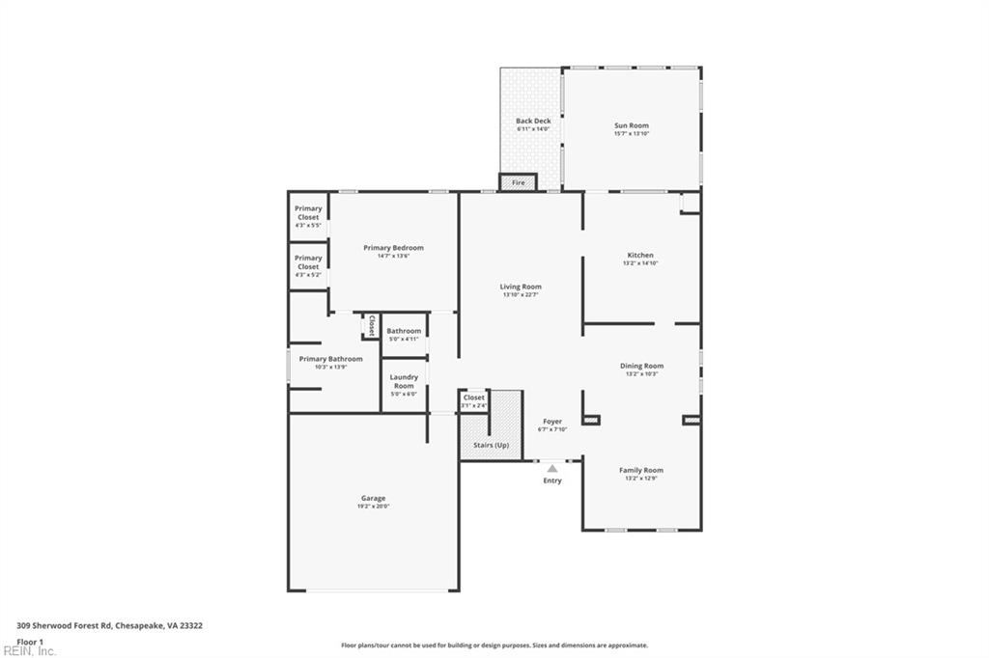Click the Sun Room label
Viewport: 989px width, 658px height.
pos(631,125)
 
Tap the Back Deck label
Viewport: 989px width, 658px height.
pos(533,122)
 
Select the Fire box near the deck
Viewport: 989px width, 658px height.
pos(518,182)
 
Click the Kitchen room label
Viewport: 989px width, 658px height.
pos(640,256)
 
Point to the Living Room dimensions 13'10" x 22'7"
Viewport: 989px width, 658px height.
pos(521,295)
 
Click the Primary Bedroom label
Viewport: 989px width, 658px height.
pos(393,248)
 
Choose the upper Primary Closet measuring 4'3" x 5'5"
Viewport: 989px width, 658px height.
pos(308,217)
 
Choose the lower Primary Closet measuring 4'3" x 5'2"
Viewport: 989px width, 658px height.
pos(308,266)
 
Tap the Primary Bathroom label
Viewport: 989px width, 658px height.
pos(330,359)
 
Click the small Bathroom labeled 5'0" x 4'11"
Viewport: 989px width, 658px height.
pos(404,332)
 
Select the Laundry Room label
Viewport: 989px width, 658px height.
pos(404,381)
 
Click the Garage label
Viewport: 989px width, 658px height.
pos(373,499)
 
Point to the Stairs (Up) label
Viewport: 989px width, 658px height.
pos(491,445)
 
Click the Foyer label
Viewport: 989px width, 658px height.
pos(551,422)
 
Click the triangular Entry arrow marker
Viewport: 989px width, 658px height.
pos(552,468)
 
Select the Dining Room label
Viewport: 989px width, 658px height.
pos(641,366)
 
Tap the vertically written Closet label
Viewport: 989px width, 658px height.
pos(371,326)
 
